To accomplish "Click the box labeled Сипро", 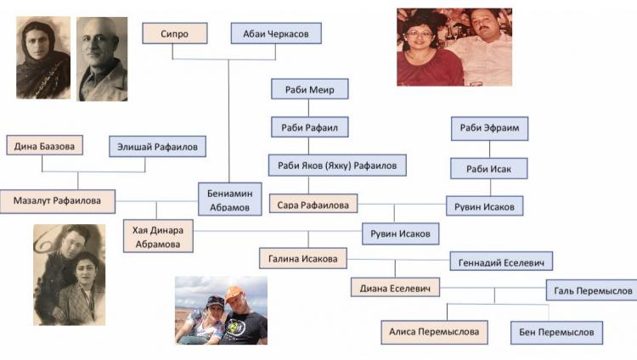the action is [175, 33].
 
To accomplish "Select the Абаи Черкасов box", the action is [276, 33].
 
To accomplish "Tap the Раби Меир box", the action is [309, 89].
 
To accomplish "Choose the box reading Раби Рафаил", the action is [309, 127].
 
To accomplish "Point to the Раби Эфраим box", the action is [489, 128].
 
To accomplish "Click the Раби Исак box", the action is [488, 168].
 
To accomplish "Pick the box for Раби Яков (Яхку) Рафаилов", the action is [337, 165].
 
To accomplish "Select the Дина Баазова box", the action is [45, 145].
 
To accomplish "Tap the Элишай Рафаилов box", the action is [157, 146].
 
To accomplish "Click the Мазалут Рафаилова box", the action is [57, 201].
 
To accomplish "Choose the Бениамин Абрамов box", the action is [229, 199].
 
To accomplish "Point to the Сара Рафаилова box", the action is [313, 204].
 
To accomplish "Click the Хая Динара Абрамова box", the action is [158, 237].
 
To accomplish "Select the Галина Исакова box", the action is [303, 258].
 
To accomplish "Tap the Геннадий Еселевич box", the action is [501, 262].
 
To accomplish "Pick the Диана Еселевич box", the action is [395, 287].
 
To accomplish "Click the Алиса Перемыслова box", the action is [434, 332].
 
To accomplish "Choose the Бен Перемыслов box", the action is [556, 332].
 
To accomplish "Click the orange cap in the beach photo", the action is [234, 294].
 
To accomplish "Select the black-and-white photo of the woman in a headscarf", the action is [43, 58].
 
